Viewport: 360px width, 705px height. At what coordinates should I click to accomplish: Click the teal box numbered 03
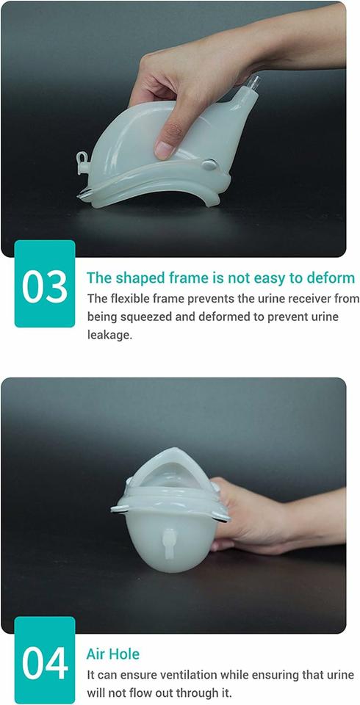pyautogui.click(x=45, y=283)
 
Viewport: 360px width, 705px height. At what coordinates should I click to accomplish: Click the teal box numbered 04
pyautogui.click(x=45, y=660)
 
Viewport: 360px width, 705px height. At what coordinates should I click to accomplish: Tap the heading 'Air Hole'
pyautogui.click(x=113, y=654)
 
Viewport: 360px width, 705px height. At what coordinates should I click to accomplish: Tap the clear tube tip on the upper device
pyautogui.click(x=253, y=82)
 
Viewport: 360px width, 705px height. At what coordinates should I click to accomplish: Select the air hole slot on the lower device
pyautogui.click(x=169, y=543)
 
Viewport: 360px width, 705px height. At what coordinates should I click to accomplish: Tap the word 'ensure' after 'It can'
pyautogui.click(x=145, y=676)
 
